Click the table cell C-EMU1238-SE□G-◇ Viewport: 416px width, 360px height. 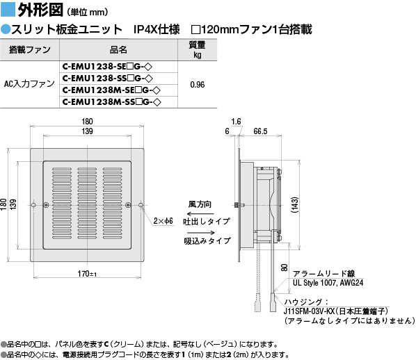107,67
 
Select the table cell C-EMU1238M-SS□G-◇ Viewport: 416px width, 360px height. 112,102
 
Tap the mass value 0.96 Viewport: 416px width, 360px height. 198,85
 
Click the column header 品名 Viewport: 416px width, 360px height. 118,49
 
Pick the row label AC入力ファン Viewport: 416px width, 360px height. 29,84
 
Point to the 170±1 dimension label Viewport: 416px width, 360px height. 87,274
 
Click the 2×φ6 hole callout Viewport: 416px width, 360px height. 163,221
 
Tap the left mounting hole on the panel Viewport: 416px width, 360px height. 33,205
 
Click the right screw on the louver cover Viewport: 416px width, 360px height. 128,205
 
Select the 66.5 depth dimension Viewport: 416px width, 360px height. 260,131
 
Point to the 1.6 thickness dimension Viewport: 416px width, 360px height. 236,122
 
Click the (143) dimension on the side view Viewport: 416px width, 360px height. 295,205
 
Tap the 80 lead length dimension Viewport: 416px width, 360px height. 284,268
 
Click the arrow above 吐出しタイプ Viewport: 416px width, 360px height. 200,213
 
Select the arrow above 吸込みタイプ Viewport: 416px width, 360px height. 201,233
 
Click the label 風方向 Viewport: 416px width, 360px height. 200,204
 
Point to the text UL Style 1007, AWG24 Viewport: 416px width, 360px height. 328,283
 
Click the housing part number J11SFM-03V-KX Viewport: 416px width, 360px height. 310,311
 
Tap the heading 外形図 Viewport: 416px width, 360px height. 40,10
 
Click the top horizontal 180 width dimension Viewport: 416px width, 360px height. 87,122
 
